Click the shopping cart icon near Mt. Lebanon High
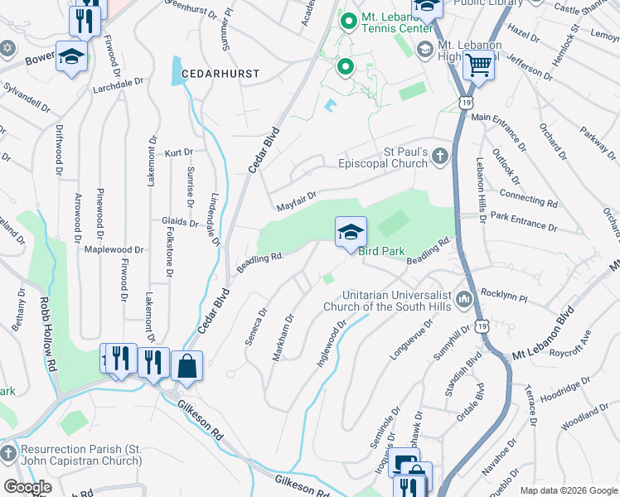point(478,64)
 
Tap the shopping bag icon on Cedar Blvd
point(186,365)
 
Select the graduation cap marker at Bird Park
point(351,232)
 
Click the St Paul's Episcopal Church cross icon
point(441,155)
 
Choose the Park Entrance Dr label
point(524,220)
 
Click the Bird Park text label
point(385,250)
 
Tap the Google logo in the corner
point(27,486)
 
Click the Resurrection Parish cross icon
point(8,454)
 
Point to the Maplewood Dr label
point(114,249)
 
